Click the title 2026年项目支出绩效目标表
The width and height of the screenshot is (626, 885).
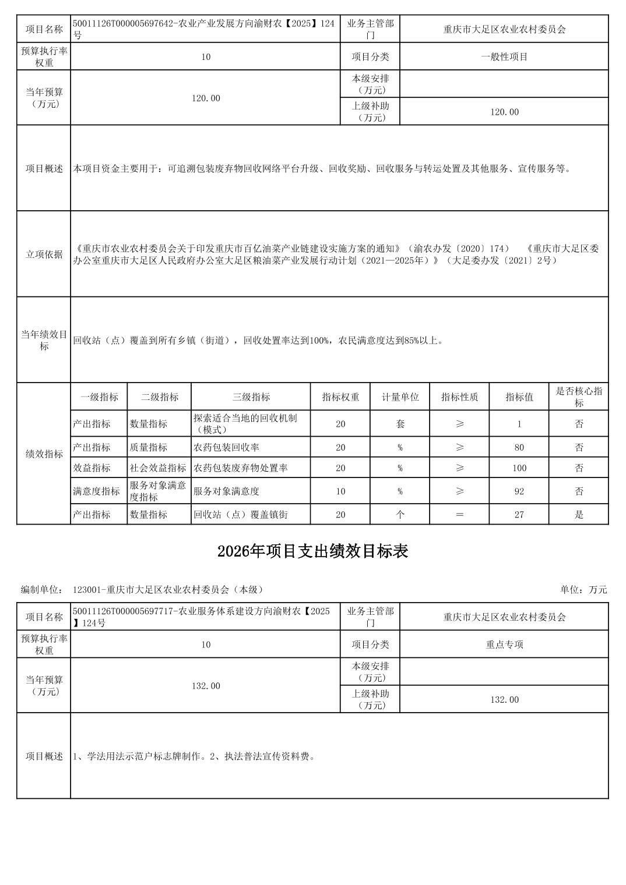312,551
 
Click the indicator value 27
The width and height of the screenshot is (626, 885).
519,515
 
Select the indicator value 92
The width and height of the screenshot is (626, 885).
519,491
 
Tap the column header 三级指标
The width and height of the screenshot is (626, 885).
251,397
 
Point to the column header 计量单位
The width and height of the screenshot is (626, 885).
400,397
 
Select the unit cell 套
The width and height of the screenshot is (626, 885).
400,424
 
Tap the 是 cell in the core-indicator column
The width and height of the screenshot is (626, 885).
578,515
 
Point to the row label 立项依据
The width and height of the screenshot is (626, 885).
44,254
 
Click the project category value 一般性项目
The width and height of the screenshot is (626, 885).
504,57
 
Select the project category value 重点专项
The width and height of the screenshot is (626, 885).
504,645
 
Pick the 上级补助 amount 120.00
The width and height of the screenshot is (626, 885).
504,112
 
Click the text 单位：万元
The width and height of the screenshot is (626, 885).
583,590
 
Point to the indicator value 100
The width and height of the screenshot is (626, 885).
519,468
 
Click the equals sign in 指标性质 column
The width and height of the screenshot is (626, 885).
459,515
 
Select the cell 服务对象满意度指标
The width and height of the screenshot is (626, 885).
158,491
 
